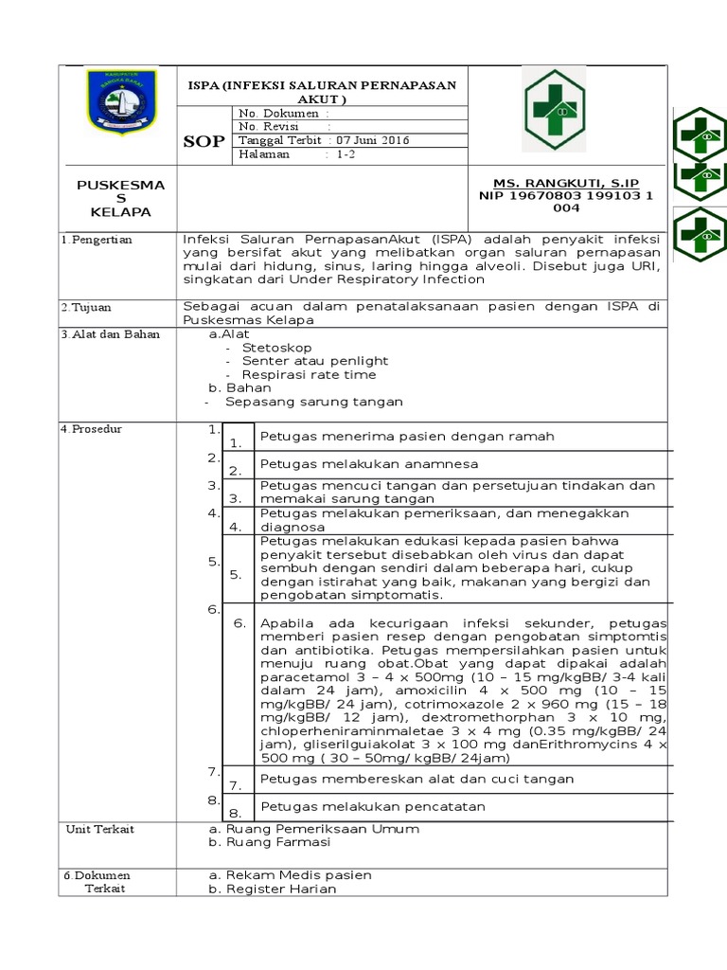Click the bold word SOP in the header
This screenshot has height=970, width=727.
tap(204, 141)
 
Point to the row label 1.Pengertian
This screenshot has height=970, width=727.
tap(98, 240)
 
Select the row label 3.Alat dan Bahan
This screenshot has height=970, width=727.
tap(110, 334)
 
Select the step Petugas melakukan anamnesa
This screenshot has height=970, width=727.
tap(369, 464)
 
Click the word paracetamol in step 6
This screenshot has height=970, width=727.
tap(303, 678)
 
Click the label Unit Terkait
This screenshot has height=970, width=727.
tap(99, 830)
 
